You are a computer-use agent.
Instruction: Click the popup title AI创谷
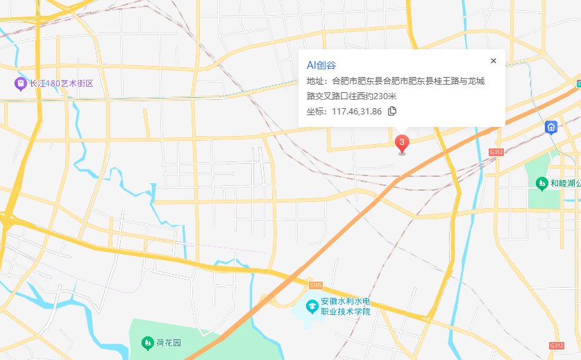(321, 65)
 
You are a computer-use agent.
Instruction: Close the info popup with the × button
(494, 61)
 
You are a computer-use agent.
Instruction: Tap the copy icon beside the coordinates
(392, 111)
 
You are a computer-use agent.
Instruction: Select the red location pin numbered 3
(402, 143)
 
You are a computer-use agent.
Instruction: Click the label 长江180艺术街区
(61, 84)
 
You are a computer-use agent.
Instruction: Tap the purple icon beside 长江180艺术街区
(20, 84)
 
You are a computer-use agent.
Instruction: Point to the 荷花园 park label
(169, 343)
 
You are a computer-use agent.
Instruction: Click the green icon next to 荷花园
(147, 343)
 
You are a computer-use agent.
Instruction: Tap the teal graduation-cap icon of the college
(312, 306)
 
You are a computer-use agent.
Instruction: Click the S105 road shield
(317, 285)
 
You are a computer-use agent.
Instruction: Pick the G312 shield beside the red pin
(496, 151)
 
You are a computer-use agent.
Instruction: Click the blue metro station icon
(550, 127)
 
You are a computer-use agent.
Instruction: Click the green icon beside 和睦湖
(541, 184)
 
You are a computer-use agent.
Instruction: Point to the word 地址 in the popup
(317, 81)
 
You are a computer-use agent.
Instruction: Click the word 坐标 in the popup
(317, 111)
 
